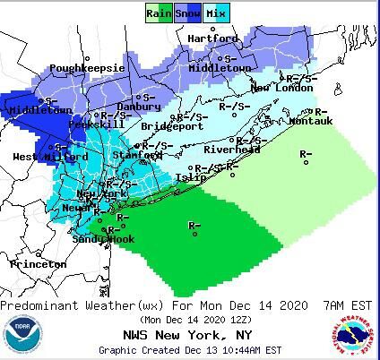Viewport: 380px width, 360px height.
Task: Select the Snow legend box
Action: click(186, 13)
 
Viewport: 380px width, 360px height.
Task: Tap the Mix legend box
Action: click(216, 13)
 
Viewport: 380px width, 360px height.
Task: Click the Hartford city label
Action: click(212, 39)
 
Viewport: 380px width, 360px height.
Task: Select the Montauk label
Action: click(311, 120)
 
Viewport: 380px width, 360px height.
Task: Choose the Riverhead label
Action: click(231, 150)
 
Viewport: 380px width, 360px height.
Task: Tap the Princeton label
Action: click(39, 264)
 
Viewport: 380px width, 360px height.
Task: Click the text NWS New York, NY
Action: click(189, 334)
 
